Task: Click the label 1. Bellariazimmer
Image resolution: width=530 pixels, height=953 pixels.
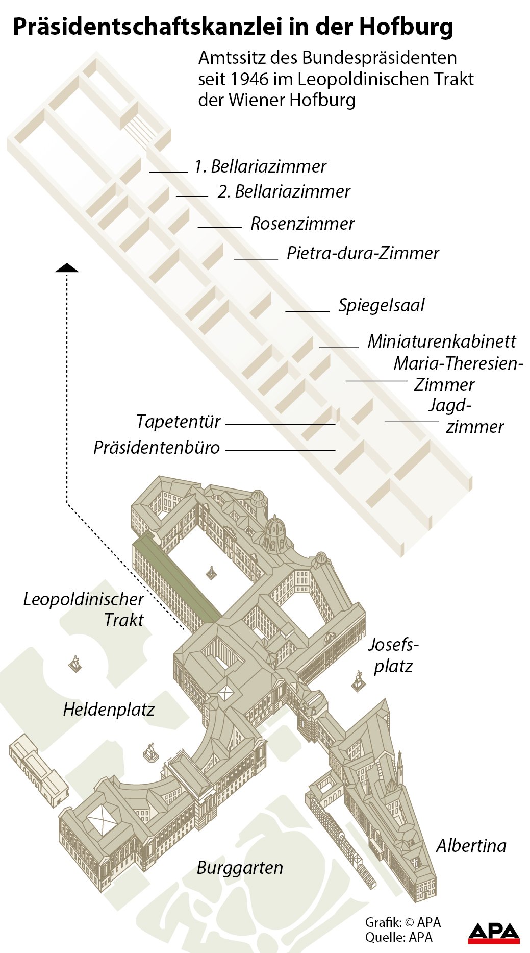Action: pyautogui.click(x=260, y=166)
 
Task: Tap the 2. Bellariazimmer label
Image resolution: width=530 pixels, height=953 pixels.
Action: pyautogui.click(x=284, y=191)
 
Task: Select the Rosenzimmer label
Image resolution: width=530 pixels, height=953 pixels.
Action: pyautogui.click(x=302, y=224)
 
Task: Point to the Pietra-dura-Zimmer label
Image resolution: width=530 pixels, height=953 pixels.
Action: pyautogui.click(x=363, y=253)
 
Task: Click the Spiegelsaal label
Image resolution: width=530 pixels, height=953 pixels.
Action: pyautogui.click(x=382, y=305)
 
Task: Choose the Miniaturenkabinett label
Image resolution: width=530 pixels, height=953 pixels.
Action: pyautogui.click(x=442, y=341)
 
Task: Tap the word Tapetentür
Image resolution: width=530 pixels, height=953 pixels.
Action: pyautogui.click(x=178, y=422)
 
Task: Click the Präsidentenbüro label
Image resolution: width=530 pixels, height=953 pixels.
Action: pyautogui.click(x=157, y=448)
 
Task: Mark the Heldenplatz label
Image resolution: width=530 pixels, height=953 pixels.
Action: pyautogui.click(x=109, y=710)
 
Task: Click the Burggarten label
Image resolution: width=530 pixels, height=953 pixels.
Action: pyautogui.click(x=240, y=868)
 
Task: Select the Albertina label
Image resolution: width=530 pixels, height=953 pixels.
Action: pyautogui.click(x=471, y=846)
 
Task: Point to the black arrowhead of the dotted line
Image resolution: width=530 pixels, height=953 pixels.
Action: pyautogui.click(x=67, y=268)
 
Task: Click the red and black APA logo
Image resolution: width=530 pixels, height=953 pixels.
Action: pyautogui.click(x=493, y=933)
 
